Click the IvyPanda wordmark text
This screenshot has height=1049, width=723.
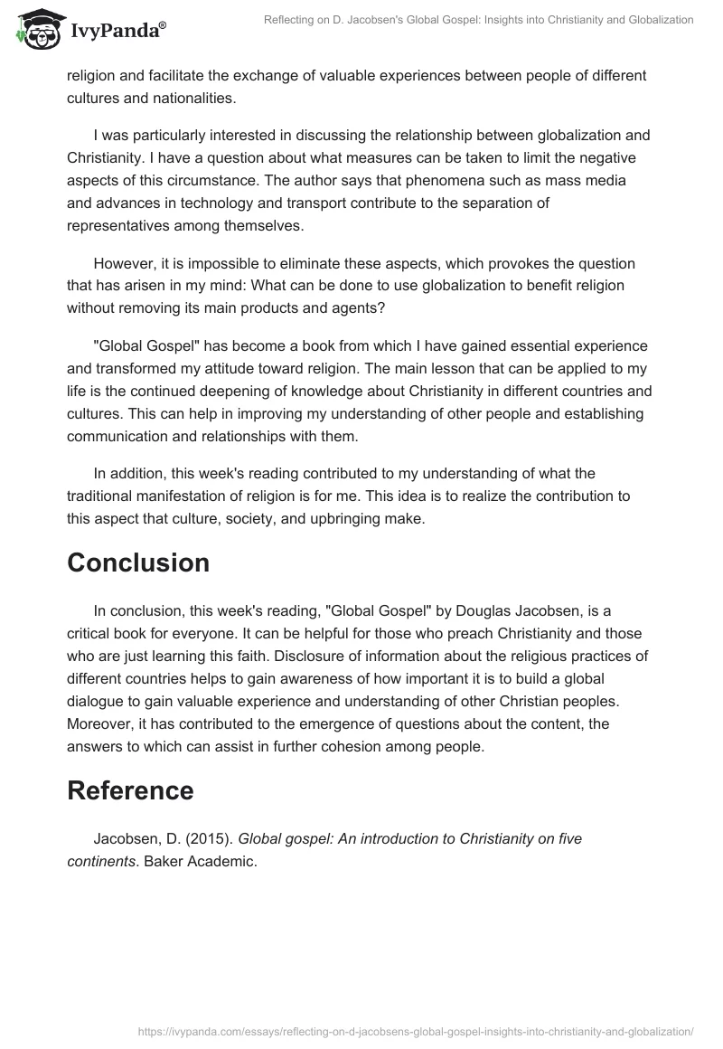(x=117, y=33)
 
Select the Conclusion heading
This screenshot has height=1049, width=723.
(x=138, y=562)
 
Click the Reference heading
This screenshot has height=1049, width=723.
(x=130, y=790)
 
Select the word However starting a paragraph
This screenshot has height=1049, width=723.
(x=125, y=263)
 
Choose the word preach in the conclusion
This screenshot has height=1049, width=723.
(x=423, y=634)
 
